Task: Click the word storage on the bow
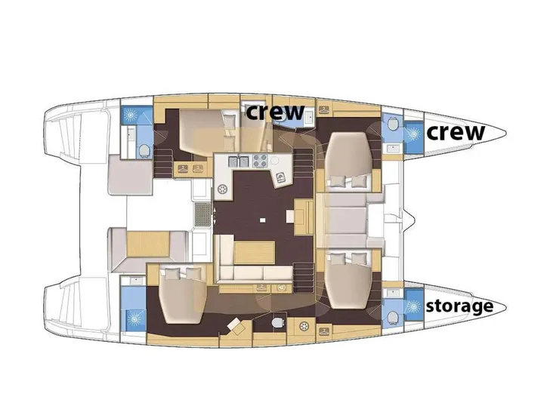pos(459,306)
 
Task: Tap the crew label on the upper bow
pos(456,132)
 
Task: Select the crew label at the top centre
pos(276,112)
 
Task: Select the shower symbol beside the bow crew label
pos(412,133)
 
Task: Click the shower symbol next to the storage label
pos(412,306)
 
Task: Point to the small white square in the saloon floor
pos(261,220)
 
